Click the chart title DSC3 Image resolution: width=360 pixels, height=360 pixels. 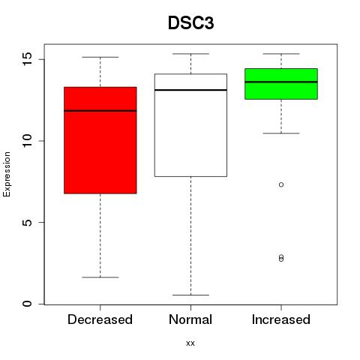(190, 23)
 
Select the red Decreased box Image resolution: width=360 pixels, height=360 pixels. (100, 140)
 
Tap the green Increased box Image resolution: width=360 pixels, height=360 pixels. (281, 84)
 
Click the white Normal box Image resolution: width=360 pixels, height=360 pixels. (190, 125)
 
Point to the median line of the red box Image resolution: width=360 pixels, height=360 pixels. (100, 111)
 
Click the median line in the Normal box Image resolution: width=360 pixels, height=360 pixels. (190, 90)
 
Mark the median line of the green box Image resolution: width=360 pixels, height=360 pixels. (281, 82)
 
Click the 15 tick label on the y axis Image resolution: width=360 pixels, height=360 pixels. (27, 59)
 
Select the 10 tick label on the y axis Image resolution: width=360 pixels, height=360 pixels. (27, 141)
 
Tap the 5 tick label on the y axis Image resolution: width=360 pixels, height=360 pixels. (27, 223)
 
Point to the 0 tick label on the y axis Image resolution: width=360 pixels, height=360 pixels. (27, 304)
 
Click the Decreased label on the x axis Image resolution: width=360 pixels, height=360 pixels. (100, 319)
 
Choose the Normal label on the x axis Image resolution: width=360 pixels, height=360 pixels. (190, 319)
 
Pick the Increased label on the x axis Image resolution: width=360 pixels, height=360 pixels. (281, 319)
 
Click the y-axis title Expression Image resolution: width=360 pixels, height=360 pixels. (7, 174)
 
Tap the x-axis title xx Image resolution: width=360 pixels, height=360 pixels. (190, 343)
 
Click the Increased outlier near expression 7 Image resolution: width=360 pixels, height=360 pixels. (281, 184)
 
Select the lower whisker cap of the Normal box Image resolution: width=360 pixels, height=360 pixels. (190, 295)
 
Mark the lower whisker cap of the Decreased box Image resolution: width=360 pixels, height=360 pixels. (100, 277)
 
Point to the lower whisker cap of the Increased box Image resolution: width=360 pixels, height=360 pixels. (281, 133)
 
